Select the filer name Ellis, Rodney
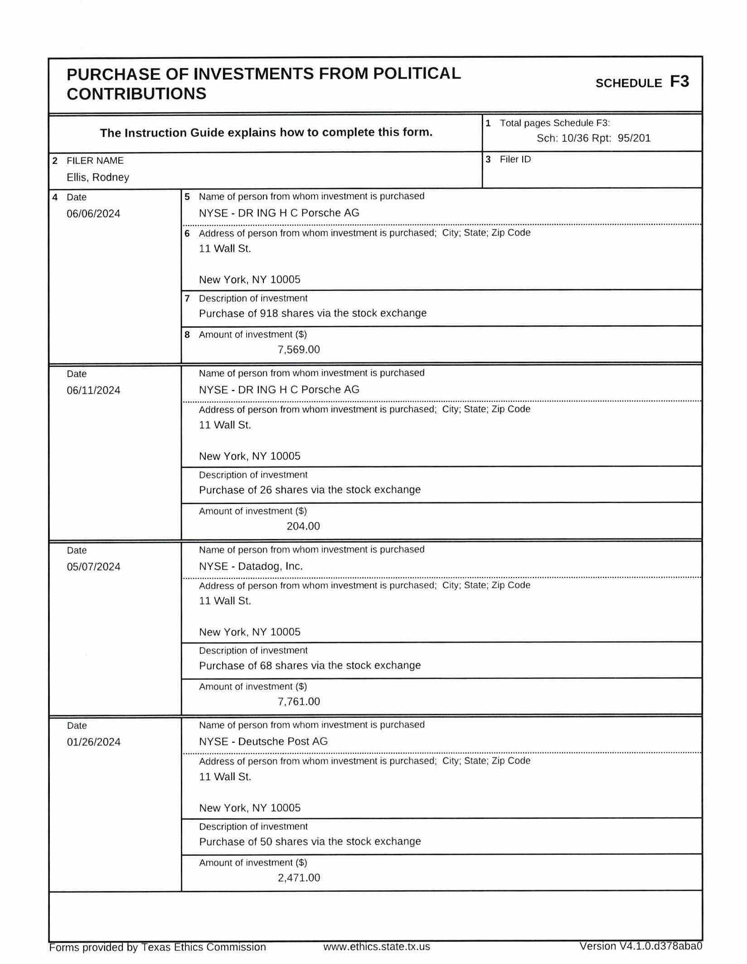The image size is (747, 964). pyautogui.click(x=97, y=177)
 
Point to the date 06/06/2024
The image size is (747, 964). pyautogui.click(x=93, y=213)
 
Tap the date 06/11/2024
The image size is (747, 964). pyautogui.click(x=93, y=390)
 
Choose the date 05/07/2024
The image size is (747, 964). pyautogui.click(x=93, y=567)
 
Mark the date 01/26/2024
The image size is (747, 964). pyautogui.click(x=93, y=742)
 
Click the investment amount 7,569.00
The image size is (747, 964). pyautogui.click(x=299, y=349)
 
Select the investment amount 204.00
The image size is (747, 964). pyautogui.click(x=303, y=526)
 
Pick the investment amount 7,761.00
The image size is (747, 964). pyautogui.click(x=299, y=702)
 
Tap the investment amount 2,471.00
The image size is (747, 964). pyautogui.click(x=299, y=878)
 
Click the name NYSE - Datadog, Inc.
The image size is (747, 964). pyautogui.click(x=251, y=566)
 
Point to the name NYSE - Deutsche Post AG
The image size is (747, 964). pyautogui.click(x=263, y=741)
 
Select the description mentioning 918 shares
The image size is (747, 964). pyautogui.click(x=312, y=313)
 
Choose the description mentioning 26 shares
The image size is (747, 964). pyautogui.click(x=310, y=489)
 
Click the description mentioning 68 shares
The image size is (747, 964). pyautogui.click(x=310, y=665)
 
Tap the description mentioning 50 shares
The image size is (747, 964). pyautogui.click(x=310, y=842)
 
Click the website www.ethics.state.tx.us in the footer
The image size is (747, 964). pyautogui.click(x=376, y=947)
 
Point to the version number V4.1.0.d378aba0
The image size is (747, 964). pyautogui.click(x=640, y=946)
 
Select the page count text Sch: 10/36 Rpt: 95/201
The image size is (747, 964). pyautogui.click(x=593, y=138)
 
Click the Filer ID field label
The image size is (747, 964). pyautogui.click(x=515, y=160)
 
